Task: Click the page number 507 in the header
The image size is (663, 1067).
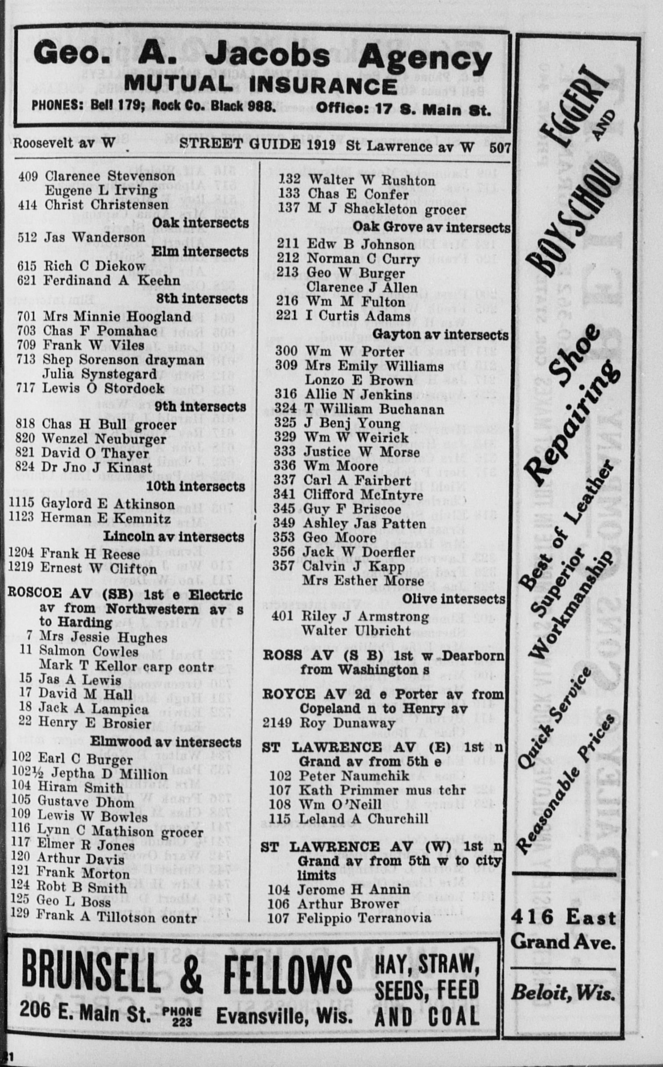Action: pos(500,148)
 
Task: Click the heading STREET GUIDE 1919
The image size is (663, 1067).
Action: pos(257,145)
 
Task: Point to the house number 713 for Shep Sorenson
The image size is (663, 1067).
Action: pos(26,360)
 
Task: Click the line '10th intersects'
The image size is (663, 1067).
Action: pos(196,486)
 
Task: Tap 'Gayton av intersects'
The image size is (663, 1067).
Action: pos(440,335)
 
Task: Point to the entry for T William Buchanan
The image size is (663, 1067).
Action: pos(374,409)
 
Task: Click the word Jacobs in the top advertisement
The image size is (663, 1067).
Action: pos(268,57)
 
